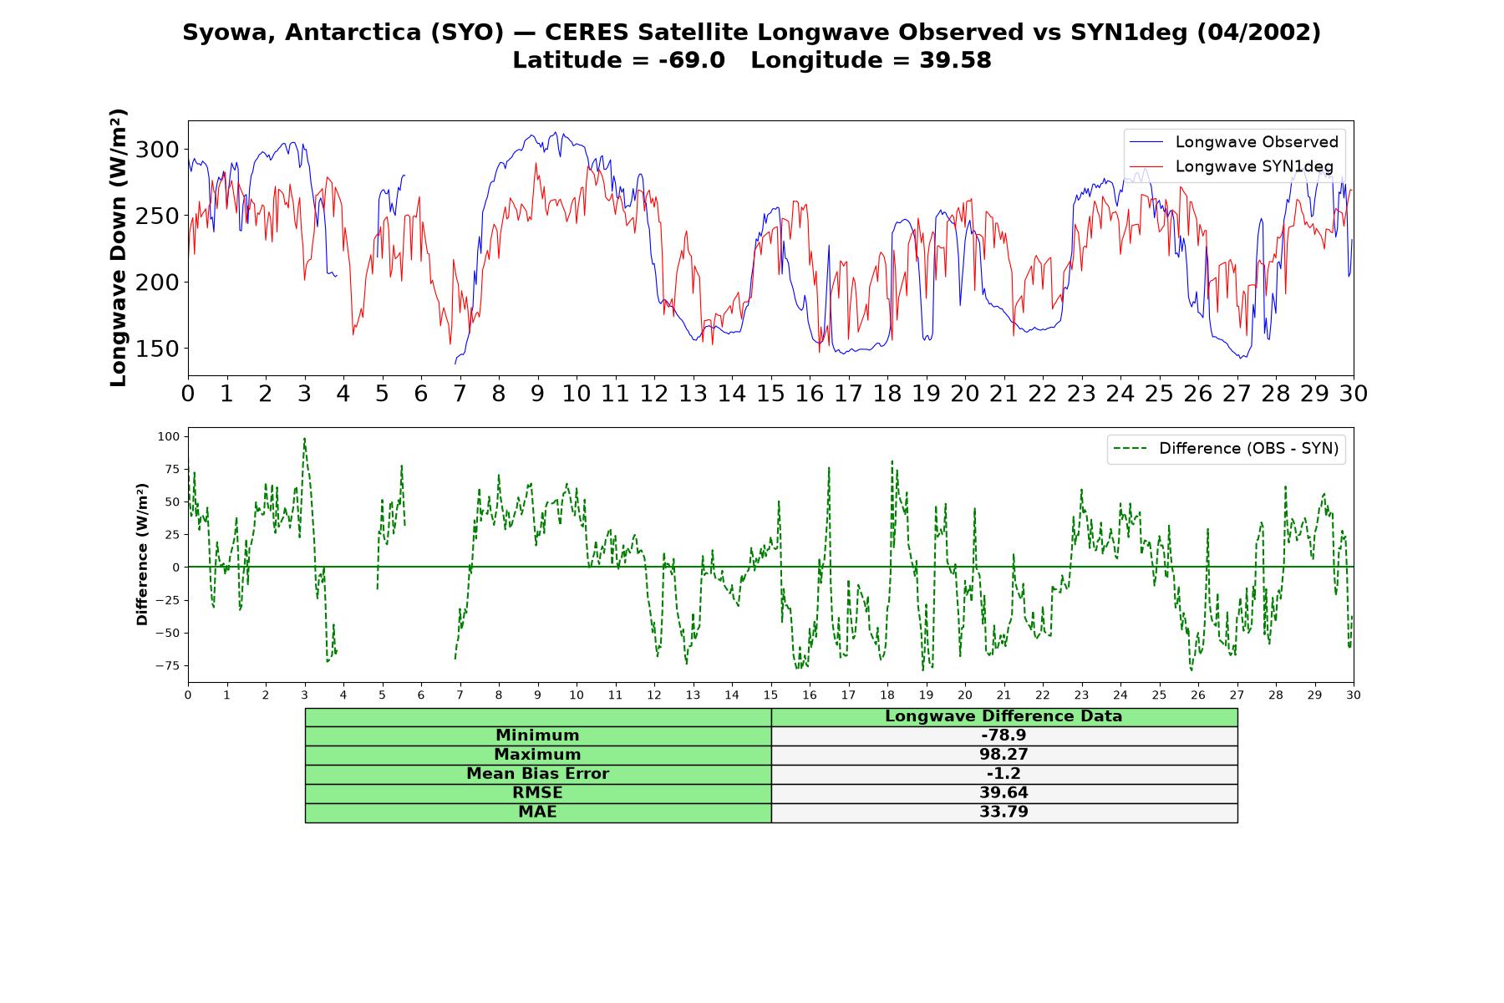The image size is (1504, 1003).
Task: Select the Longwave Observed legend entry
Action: [x=1233, y=142]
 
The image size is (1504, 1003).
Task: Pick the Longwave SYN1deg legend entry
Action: [x=1232, y=166]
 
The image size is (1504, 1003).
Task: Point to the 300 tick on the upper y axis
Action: [x=157, y=150]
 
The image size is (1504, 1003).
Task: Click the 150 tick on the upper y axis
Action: [x=157, y=349]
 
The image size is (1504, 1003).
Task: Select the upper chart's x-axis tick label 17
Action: [x=848, y=394]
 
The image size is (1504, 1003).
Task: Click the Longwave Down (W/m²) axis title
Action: [x=118, y=247]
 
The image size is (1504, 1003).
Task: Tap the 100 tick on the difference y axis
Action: [x=168, y=436]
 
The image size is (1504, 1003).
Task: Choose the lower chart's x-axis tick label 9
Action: [x=537, y=695]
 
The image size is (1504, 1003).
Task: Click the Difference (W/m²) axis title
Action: [x=142, y=554]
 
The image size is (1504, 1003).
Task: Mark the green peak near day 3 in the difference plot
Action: [x=304, y=438]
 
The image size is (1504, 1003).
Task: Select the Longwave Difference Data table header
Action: [x=1004, y=716]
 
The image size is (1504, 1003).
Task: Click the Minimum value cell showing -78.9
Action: [x=1004, y=736]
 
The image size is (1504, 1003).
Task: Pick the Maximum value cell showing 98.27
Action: [x=1004, y=755]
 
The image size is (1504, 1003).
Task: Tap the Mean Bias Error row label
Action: [x=537, y=774]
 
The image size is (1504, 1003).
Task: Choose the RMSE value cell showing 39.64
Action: [x=1004, y=793]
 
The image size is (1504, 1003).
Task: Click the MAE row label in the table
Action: [x=537, y=812]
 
